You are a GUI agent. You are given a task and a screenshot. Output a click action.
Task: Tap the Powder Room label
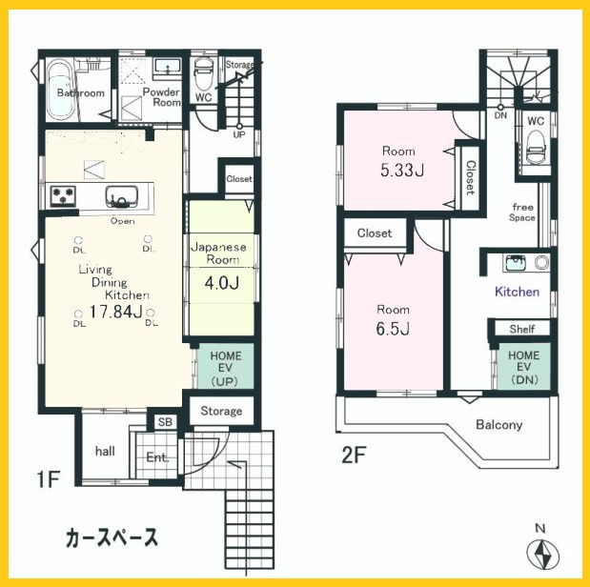coord(161,96)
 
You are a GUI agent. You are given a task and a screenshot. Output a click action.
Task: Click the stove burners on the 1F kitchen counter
coord(64,196)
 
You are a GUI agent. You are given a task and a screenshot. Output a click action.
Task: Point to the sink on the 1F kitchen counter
coord(121,197)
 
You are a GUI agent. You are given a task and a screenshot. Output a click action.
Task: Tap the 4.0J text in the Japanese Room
coord(220,284)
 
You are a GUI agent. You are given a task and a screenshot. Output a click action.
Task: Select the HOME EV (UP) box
coord(225,368)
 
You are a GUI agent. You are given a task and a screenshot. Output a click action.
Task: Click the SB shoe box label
coord(164,422)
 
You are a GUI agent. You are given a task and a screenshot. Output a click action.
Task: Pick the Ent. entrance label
coord(157,457)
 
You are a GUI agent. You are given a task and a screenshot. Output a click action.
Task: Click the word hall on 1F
coord(105,451)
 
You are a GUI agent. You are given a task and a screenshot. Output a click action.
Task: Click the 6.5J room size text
coord(393,330)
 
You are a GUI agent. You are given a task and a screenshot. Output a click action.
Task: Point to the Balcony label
coord(498,424)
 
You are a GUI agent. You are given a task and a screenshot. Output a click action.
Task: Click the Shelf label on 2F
coord(521,329)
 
